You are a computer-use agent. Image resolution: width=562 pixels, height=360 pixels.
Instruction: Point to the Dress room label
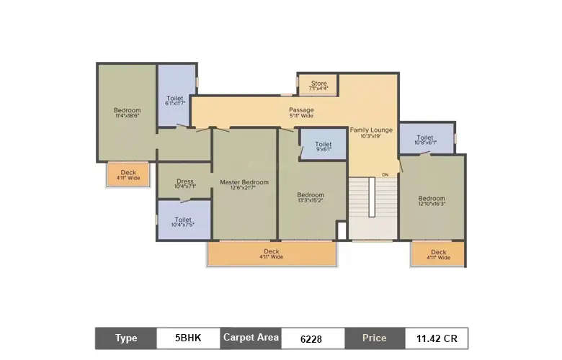coord(184,184)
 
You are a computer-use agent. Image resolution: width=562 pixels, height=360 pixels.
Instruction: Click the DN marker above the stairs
coord(385,175)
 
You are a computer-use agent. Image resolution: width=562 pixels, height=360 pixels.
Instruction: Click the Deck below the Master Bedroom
coord(272,253)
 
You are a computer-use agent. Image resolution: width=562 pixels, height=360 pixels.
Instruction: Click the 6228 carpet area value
coord(311,338)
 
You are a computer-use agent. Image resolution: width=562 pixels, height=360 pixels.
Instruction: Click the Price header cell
coord(374,338)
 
